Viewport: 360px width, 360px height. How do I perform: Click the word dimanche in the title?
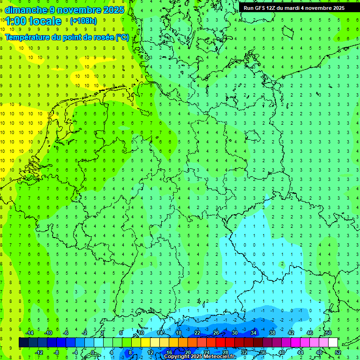26,10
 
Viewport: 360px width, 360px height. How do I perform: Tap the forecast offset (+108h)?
83,21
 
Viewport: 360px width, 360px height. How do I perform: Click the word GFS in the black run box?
261,8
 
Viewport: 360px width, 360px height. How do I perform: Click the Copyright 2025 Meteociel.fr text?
200,357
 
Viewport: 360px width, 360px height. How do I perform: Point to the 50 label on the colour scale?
329,333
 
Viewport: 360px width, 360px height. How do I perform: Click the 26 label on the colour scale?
216,333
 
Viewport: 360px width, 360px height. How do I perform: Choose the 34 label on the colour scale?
254,333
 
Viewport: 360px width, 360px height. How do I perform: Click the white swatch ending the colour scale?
333,343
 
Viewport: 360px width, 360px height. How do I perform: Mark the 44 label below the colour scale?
300,352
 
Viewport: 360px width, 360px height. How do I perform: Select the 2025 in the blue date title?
114,10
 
